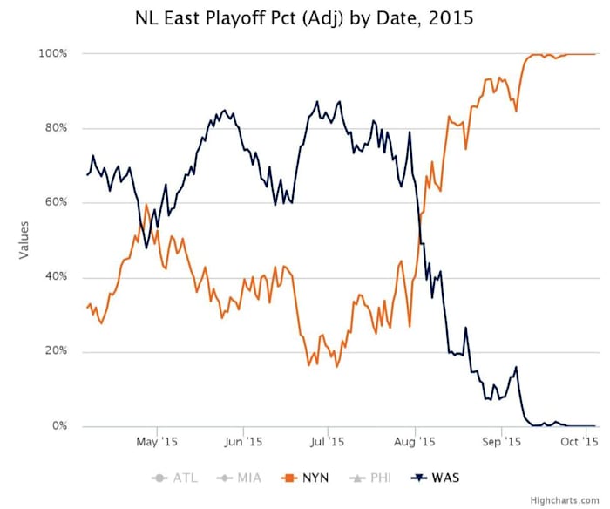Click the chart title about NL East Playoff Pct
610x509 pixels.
pyautogui.click(x=304, y=17)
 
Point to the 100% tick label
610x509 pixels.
pyautogui.click(x=51, y=54)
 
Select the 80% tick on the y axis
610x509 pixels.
pyautogui.click(x=54, y=128)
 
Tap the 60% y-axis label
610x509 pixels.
pyautogui.click(x=54, y=203)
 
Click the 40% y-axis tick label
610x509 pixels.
pyautogui.click(x=54, y=277)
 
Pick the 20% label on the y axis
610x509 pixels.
pyautogui.click(x=54, y=352)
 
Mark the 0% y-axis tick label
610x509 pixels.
pyautogui.click(x=58, y=426)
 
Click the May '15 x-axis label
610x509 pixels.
pyautogui.click(x=157, y=442)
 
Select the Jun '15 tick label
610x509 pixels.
pyautogui.click(x=242, y=442)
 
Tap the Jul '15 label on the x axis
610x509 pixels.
pyautogui.click(x=327, y=442)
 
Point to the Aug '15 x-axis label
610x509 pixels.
pyautogui.click(x=415, y=442)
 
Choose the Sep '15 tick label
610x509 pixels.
pyautogui.click(x=501, y=442)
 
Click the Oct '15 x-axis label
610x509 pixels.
pyautogui.click(x=580, y=442)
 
